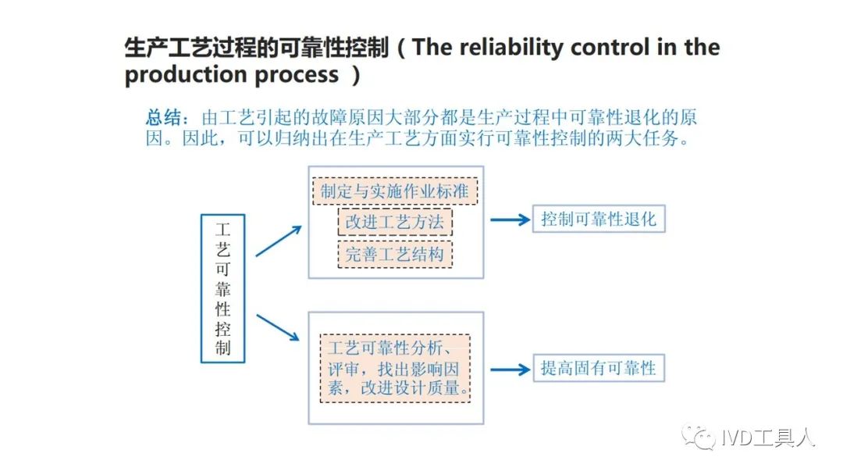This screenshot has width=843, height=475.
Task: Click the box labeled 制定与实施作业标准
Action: (395, 191)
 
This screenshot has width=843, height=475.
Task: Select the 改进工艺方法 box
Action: (395, 222)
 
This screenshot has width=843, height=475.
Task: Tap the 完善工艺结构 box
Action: (395, 254)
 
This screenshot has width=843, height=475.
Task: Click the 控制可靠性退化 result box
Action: (599, 219)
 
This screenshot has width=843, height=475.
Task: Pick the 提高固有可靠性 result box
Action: (599, 368)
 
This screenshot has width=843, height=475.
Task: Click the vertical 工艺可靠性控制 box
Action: (222, 288)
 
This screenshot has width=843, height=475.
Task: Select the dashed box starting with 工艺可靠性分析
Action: (395, 369)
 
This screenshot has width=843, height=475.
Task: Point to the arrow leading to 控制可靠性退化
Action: (510, 220)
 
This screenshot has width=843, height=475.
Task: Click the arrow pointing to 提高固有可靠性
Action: (510, 369)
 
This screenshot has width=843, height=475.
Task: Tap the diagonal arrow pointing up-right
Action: (279, 241)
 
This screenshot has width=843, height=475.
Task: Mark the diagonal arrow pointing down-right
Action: (278, 327)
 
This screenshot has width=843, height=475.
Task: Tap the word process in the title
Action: (297, 76)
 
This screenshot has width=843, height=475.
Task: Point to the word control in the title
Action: (610, 48)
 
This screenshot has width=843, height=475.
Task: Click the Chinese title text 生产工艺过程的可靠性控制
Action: (257, 48)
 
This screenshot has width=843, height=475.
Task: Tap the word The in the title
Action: (432, 48)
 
